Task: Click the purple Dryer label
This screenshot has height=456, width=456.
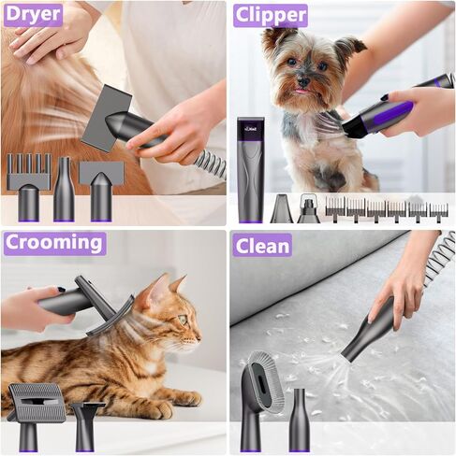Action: click(33, 14)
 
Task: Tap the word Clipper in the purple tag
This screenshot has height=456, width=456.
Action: click(271, 15)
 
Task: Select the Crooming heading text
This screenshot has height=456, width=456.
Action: click(53, 243)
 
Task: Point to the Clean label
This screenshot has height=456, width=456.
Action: click(262, 245)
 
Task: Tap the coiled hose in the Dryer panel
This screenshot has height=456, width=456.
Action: click(211, 164)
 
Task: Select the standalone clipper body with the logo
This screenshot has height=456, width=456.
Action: click(250, 168)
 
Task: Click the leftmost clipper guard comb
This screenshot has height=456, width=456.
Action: click(335, 207)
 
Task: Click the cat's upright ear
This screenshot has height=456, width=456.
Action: click(177, 284)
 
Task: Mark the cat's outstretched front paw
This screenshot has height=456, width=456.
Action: click(184, 398)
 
